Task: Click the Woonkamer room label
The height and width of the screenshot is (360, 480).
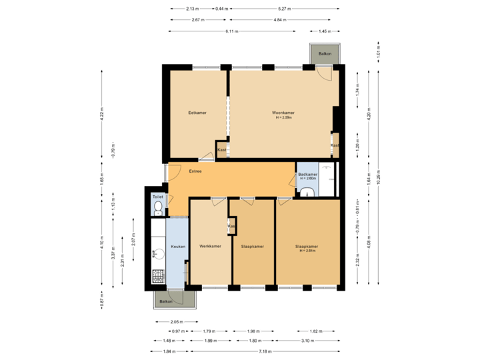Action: pos(283,113)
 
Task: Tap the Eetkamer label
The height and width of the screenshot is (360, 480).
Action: pos(197,113)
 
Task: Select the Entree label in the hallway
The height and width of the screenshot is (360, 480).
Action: pos(195,171)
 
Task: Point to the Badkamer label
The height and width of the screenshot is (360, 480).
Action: pos(307,175)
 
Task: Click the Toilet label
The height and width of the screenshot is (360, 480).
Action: pos(157,197)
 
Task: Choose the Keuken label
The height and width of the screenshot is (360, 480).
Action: pos(177,247)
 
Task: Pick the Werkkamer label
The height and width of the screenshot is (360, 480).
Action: pos(210,247)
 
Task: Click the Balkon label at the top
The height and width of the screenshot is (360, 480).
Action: pos(325,53)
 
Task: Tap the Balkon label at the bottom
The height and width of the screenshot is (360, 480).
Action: pos(166,301)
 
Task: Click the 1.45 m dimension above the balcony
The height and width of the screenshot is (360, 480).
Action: pos(325,31)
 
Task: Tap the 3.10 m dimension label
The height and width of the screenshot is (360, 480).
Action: pos(307,341)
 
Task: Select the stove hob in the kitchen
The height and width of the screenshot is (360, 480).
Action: pos(158,275)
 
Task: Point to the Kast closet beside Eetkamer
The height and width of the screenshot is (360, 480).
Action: pos(222,150)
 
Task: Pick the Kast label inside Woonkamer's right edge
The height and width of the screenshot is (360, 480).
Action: pos(335,145)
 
